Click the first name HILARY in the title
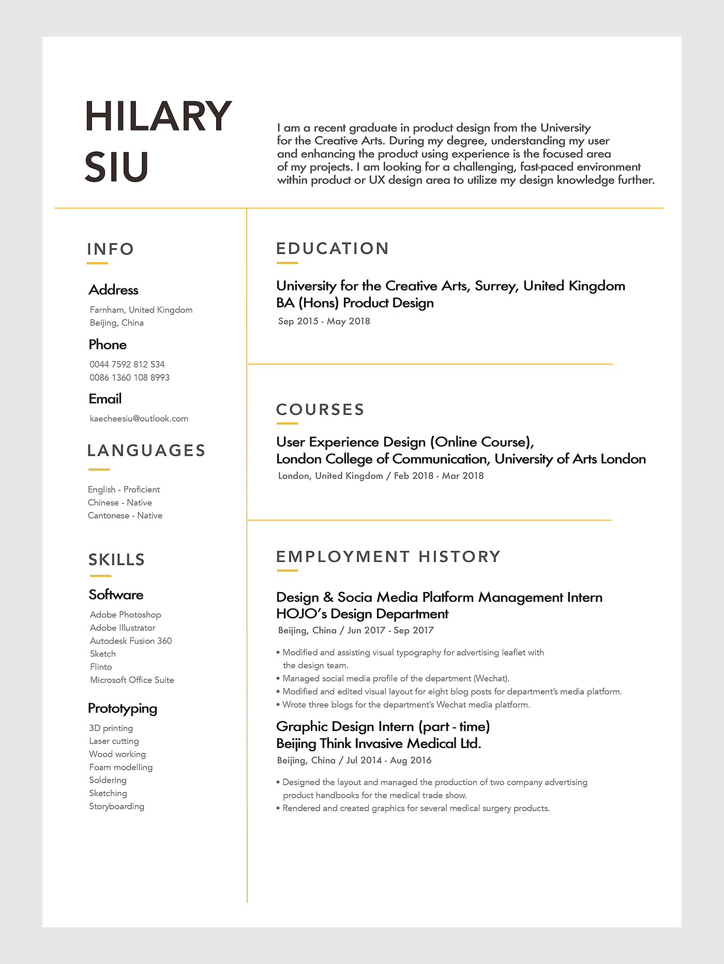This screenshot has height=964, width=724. click(x=158, y=116)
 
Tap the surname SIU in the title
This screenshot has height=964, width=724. click(x=117, y=167)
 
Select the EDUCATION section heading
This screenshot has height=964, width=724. click(x=333, y=248)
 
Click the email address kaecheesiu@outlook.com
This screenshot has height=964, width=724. click(x=139, y=418)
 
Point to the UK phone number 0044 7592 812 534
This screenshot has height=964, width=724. click(x=127, y=364)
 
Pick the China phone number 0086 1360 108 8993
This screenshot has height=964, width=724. click(x=129, y=378)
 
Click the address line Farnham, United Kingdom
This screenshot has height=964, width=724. click(x=141, y=310)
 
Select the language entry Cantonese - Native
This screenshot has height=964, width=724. click(x=125, y=516)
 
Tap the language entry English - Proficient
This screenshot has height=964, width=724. click(x=124, y=489)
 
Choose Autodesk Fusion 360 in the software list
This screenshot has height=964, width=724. click(x=131, y=641)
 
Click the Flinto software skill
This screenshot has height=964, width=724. click(x=101, y=667)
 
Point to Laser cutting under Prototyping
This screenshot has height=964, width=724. click(x=114, y=741)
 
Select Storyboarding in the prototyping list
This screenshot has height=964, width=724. click(x=116, y=806)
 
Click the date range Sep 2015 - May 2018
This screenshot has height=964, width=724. click(x=324, y=321)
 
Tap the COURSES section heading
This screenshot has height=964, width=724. click(x=321, y=410)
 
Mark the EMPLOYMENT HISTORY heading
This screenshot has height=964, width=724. click(x=388, y=557)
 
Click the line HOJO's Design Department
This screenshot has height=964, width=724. click(x=362, y=614)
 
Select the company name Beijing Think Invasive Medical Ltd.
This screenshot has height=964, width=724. click(x=379, y=743)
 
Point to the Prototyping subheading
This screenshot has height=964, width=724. click(x=123, y=708)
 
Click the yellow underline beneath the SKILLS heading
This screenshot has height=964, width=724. click(x=100, y=576)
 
